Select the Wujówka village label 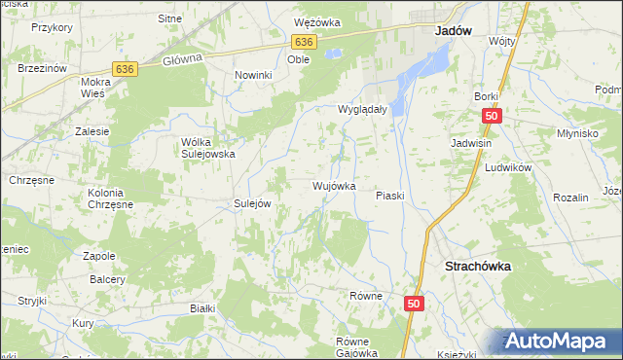[334, 185]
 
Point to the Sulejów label [251, 203]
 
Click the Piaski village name [389, 196]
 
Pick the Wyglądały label [363, 110]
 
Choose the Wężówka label [317, 21]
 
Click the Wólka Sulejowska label [209, 148]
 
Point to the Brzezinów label [42, 68]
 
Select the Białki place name [202, 307]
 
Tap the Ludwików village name [507, 167]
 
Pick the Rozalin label [570, 198]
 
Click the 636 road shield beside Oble [304, 42]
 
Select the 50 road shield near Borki [491, 116]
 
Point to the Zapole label [99, 255]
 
